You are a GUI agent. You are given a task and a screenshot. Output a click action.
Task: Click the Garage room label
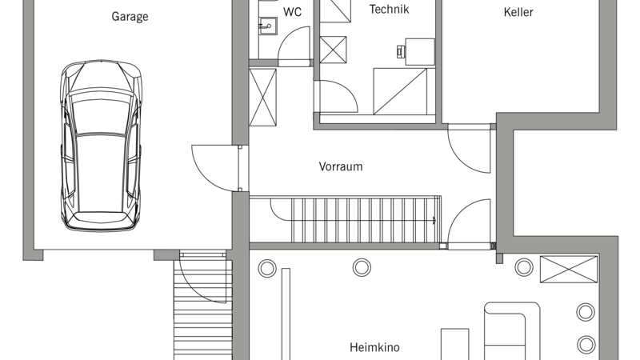[x=130, y=17]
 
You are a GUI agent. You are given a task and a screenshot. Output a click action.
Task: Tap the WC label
[x=292, y=12]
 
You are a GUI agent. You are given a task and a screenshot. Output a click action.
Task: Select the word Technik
[x=389, y=9]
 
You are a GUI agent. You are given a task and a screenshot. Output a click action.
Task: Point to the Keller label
[x=518, y=12]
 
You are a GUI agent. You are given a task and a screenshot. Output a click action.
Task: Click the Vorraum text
[x=341, y=166]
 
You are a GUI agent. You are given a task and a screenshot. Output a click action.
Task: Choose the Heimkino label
[x=374, y=347]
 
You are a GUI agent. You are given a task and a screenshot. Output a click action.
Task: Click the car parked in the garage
[x=102, y=146]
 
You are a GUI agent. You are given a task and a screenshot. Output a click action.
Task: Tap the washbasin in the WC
[x=268, y=27]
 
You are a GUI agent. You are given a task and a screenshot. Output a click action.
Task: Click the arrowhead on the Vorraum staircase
[x=434, y=221]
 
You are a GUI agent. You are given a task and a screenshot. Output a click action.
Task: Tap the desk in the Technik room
[x=420, y=52]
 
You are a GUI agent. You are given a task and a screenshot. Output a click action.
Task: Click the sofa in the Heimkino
[x=512, y=331]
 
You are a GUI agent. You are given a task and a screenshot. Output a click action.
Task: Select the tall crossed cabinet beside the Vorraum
[x=262, y=97]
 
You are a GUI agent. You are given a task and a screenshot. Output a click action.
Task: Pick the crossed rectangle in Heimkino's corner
[x=569, y=269]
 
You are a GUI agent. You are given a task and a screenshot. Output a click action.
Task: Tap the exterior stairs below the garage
[x=203, y=306]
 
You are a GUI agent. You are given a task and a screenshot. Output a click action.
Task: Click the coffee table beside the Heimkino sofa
[x=454, y=344]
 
